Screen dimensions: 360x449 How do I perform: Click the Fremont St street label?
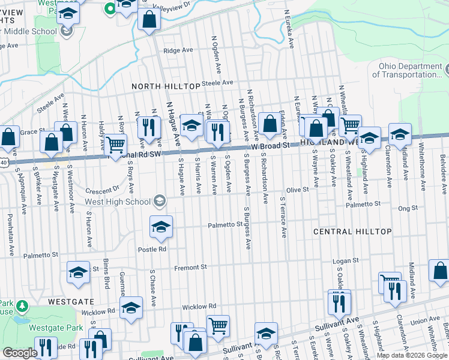click(190, 266)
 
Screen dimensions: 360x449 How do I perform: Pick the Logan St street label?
click(346, 260)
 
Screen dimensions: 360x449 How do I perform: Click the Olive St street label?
click(297, 189)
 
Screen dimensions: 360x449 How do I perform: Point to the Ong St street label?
click(408, 208)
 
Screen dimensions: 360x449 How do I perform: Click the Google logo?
click(20, 353)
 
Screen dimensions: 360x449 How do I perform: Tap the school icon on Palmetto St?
click(161, 227)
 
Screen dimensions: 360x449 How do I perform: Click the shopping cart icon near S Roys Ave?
click(115, 144)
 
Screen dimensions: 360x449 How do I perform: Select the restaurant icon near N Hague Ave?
click(148, 126)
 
